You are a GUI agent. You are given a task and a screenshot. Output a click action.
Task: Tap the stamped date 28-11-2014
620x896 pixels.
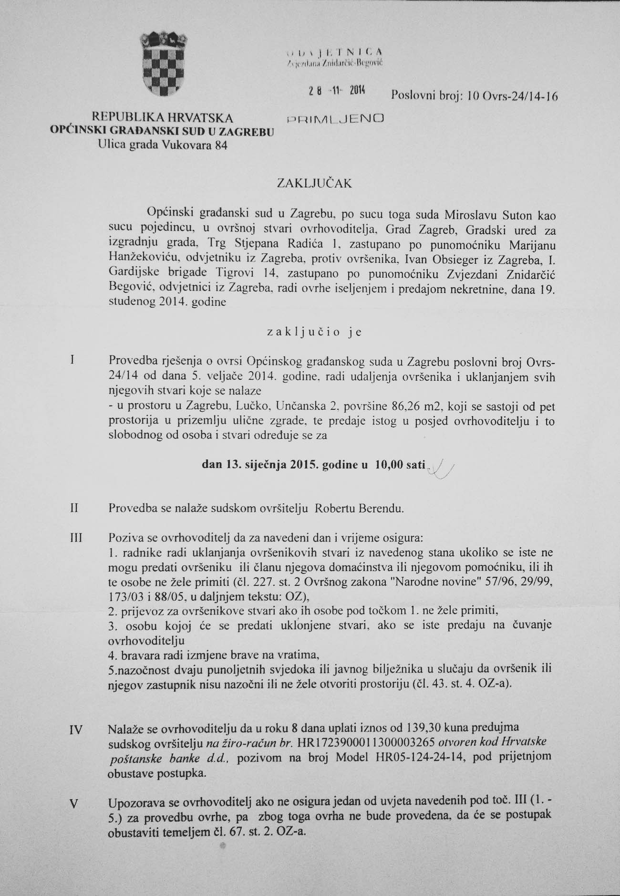point(336,93)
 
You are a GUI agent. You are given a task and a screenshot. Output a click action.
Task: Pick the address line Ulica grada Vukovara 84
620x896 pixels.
point(163,146)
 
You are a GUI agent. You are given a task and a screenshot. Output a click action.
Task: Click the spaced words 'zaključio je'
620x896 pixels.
point(315,333)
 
